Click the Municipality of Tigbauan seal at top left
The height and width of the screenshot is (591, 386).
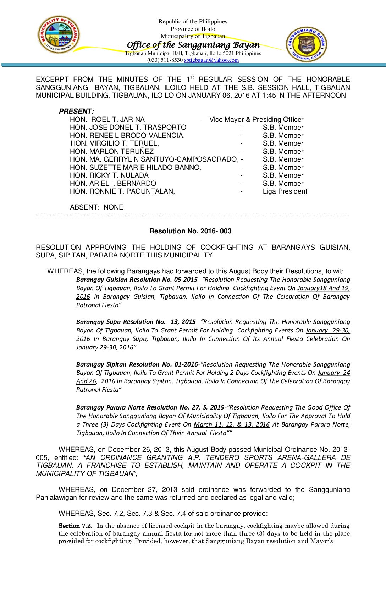pos(59,34)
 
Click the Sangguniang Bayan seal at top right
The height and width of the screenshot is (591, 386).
pos(306,44)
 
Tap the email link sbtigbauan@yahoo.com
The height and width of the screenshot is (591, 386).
pos(211,60)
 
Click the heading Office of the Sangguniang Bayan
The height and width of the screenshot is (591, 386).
pos(193,45)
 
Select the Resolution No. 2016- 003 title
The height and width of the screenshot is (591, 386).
pos(190,231)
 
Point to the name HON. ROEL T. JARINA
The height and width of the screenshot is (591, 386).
pos(107,119)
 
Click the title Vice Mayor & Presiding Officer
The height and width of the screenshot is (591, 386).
pos(256,119)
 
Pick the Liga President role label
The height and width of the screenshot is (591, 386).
pos(285,191)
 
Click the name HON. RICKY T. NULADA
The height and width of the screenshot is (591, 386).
pos(109,175)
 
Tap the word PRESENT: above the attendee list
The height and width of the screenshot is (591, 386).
pos(76,111)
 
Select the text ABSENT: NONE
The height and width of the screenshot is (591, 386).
pos(96,207)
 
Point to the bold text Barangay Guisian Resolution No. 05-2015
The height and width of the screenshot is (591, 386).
pos(138,280)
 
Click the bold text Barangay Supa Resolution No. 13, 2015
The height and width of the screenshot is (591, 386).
pos(137,322)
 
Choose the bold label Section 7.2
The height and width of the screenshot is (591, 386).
pos(75,526)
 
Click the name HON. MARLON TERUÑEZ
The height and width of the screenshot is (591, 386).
pos(111,151)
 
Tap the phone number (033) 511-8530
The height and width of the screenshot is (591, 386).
pos(165,60)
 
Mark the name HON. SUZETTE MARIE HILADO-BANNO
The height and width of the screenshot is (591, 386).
pos(135,167)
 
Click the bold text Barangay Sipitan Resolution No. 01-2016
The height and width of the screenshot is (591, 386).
pos(137,364)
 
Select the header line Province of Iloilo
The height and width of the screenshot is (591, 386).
pos(193,29)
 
